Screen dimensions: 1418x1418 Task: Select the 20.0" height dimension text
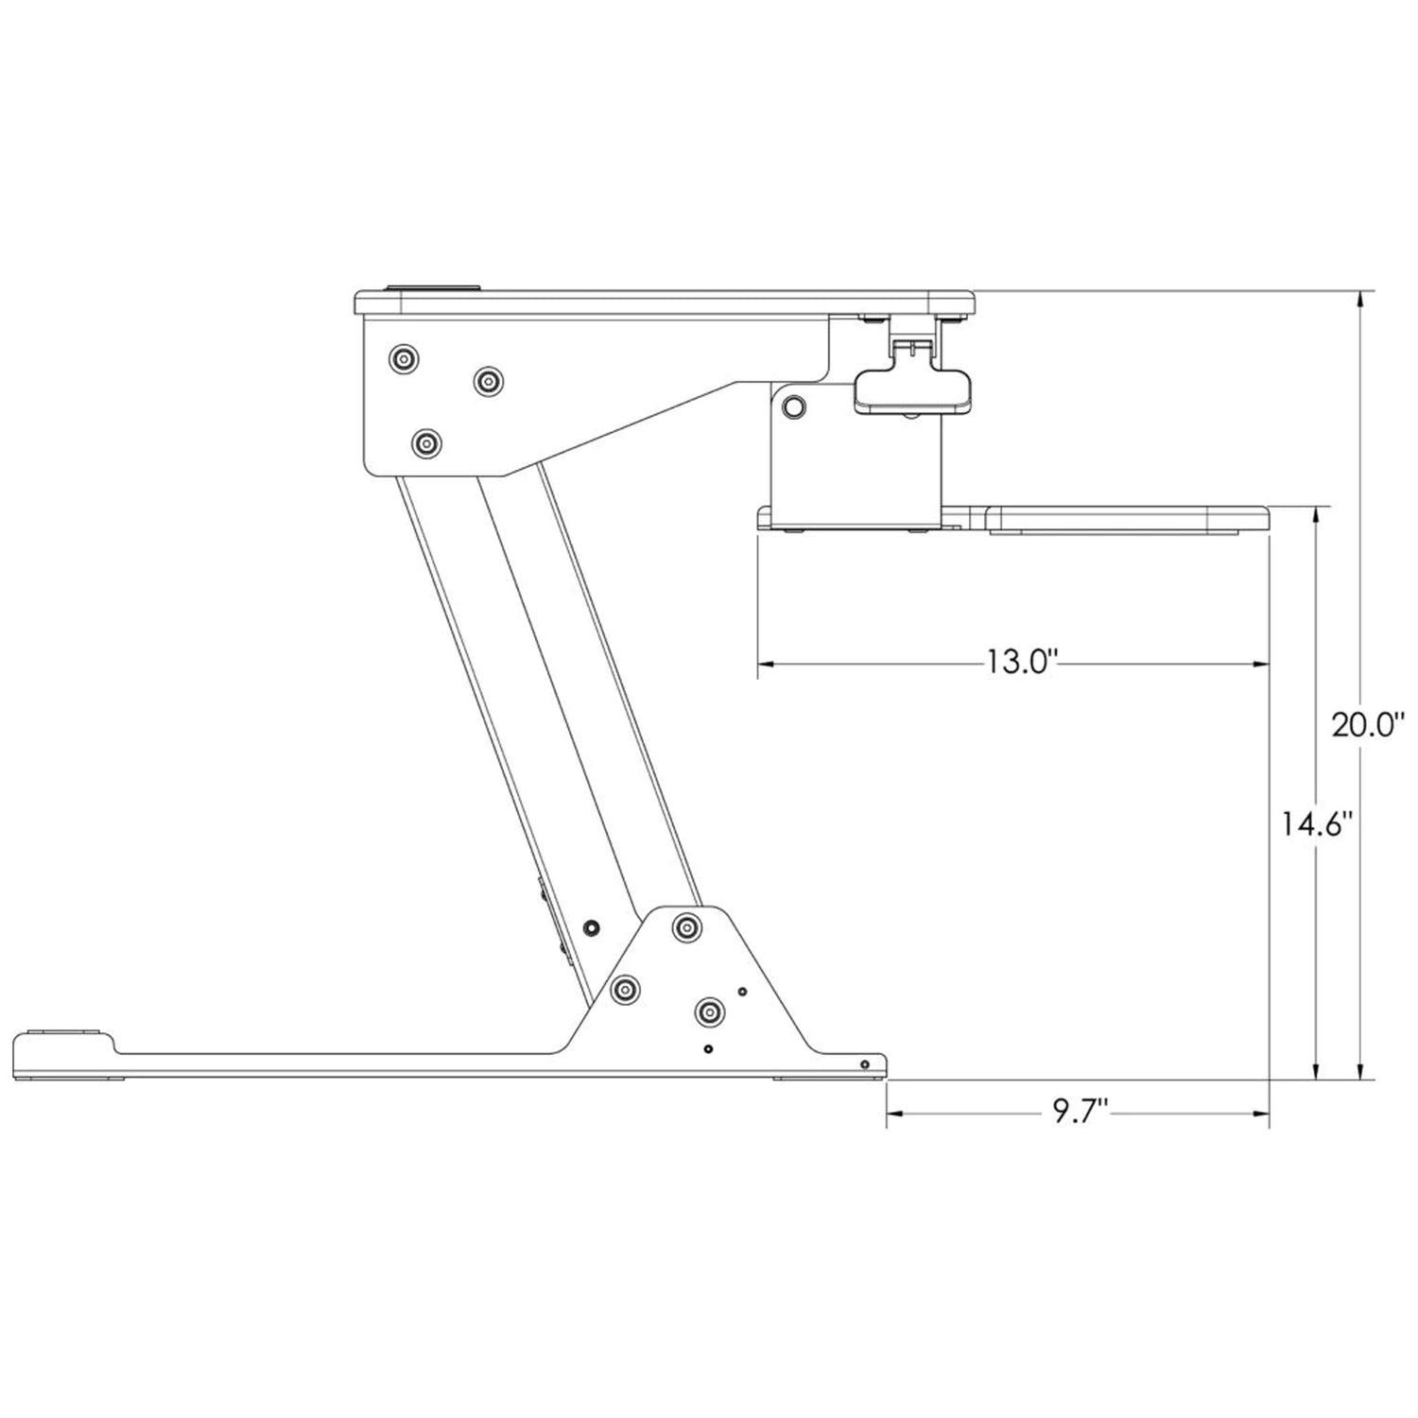pyautogui.click(x=1369, y=726)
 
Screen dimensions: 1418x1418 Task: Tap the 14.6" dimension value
pyautogui.click(x=1320, y=824)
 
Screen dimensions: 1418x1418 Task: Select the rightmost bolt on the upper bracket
pyautogui.click(x=488, y=381)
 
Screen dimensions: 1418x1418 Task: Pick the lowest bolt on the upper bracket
pyautogui.click(x=427, y=442)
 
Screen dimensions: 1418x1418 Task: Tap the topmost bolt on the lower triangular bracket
pyautogui.click(x=686, y=926)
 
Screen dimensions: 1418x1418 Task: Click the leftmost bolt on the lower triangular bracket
pyautogui.click(x=624, y=989)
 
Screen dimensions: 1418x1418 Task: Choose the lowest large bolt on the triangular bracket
pyautogui.click(x=708, y=1012)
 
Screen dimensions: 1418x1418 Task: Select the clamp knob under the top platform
pyautogui.click(x=912, y=390)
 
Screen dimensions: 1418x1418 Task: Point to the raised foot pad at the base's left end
pyautogui.click(x=64, y=1032)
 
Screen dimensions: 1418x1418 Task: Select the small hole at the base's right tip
pyautogui.click(x=864, y=1064)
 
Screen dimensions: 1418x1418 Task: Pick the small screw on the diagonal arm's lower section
pyautogui.click(x=592, y=925)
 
